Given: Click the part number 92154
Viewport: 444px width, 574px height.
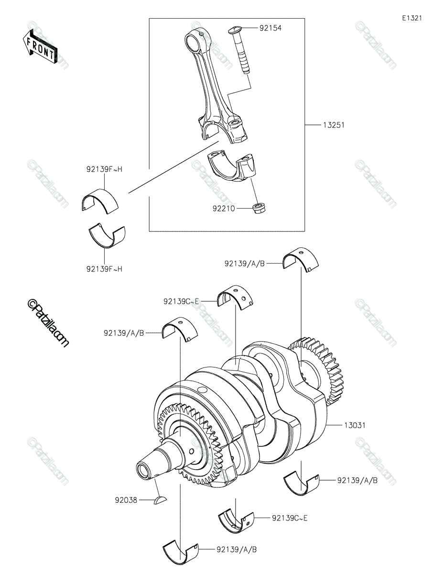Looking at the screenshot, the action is tap(270, 28).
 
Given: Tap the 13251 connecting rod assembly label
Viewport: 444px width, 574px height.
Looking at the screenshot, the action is tap(334, 125).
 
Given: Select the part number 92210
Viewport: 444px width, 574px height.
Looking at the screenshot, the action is tap(224, 209).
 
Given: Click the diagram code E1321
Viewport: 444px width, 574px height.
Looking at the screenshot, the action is tap(412, 18).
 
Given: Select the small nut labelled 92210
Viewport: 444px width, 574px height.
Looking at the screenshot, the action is tap(259, 208).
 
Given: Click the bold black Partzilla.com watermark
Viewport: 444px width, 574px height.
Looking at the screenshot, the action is tap(48, 322).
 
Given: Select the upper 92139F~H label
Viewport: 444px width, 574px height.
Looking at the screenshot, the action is tap(104, 169).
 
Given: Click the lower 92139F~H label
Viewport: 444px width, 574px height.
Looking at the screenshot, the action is tap(104, 269).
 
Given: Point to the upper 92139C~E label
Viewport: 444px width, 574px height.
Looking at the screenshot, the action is tap(182, 301).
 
